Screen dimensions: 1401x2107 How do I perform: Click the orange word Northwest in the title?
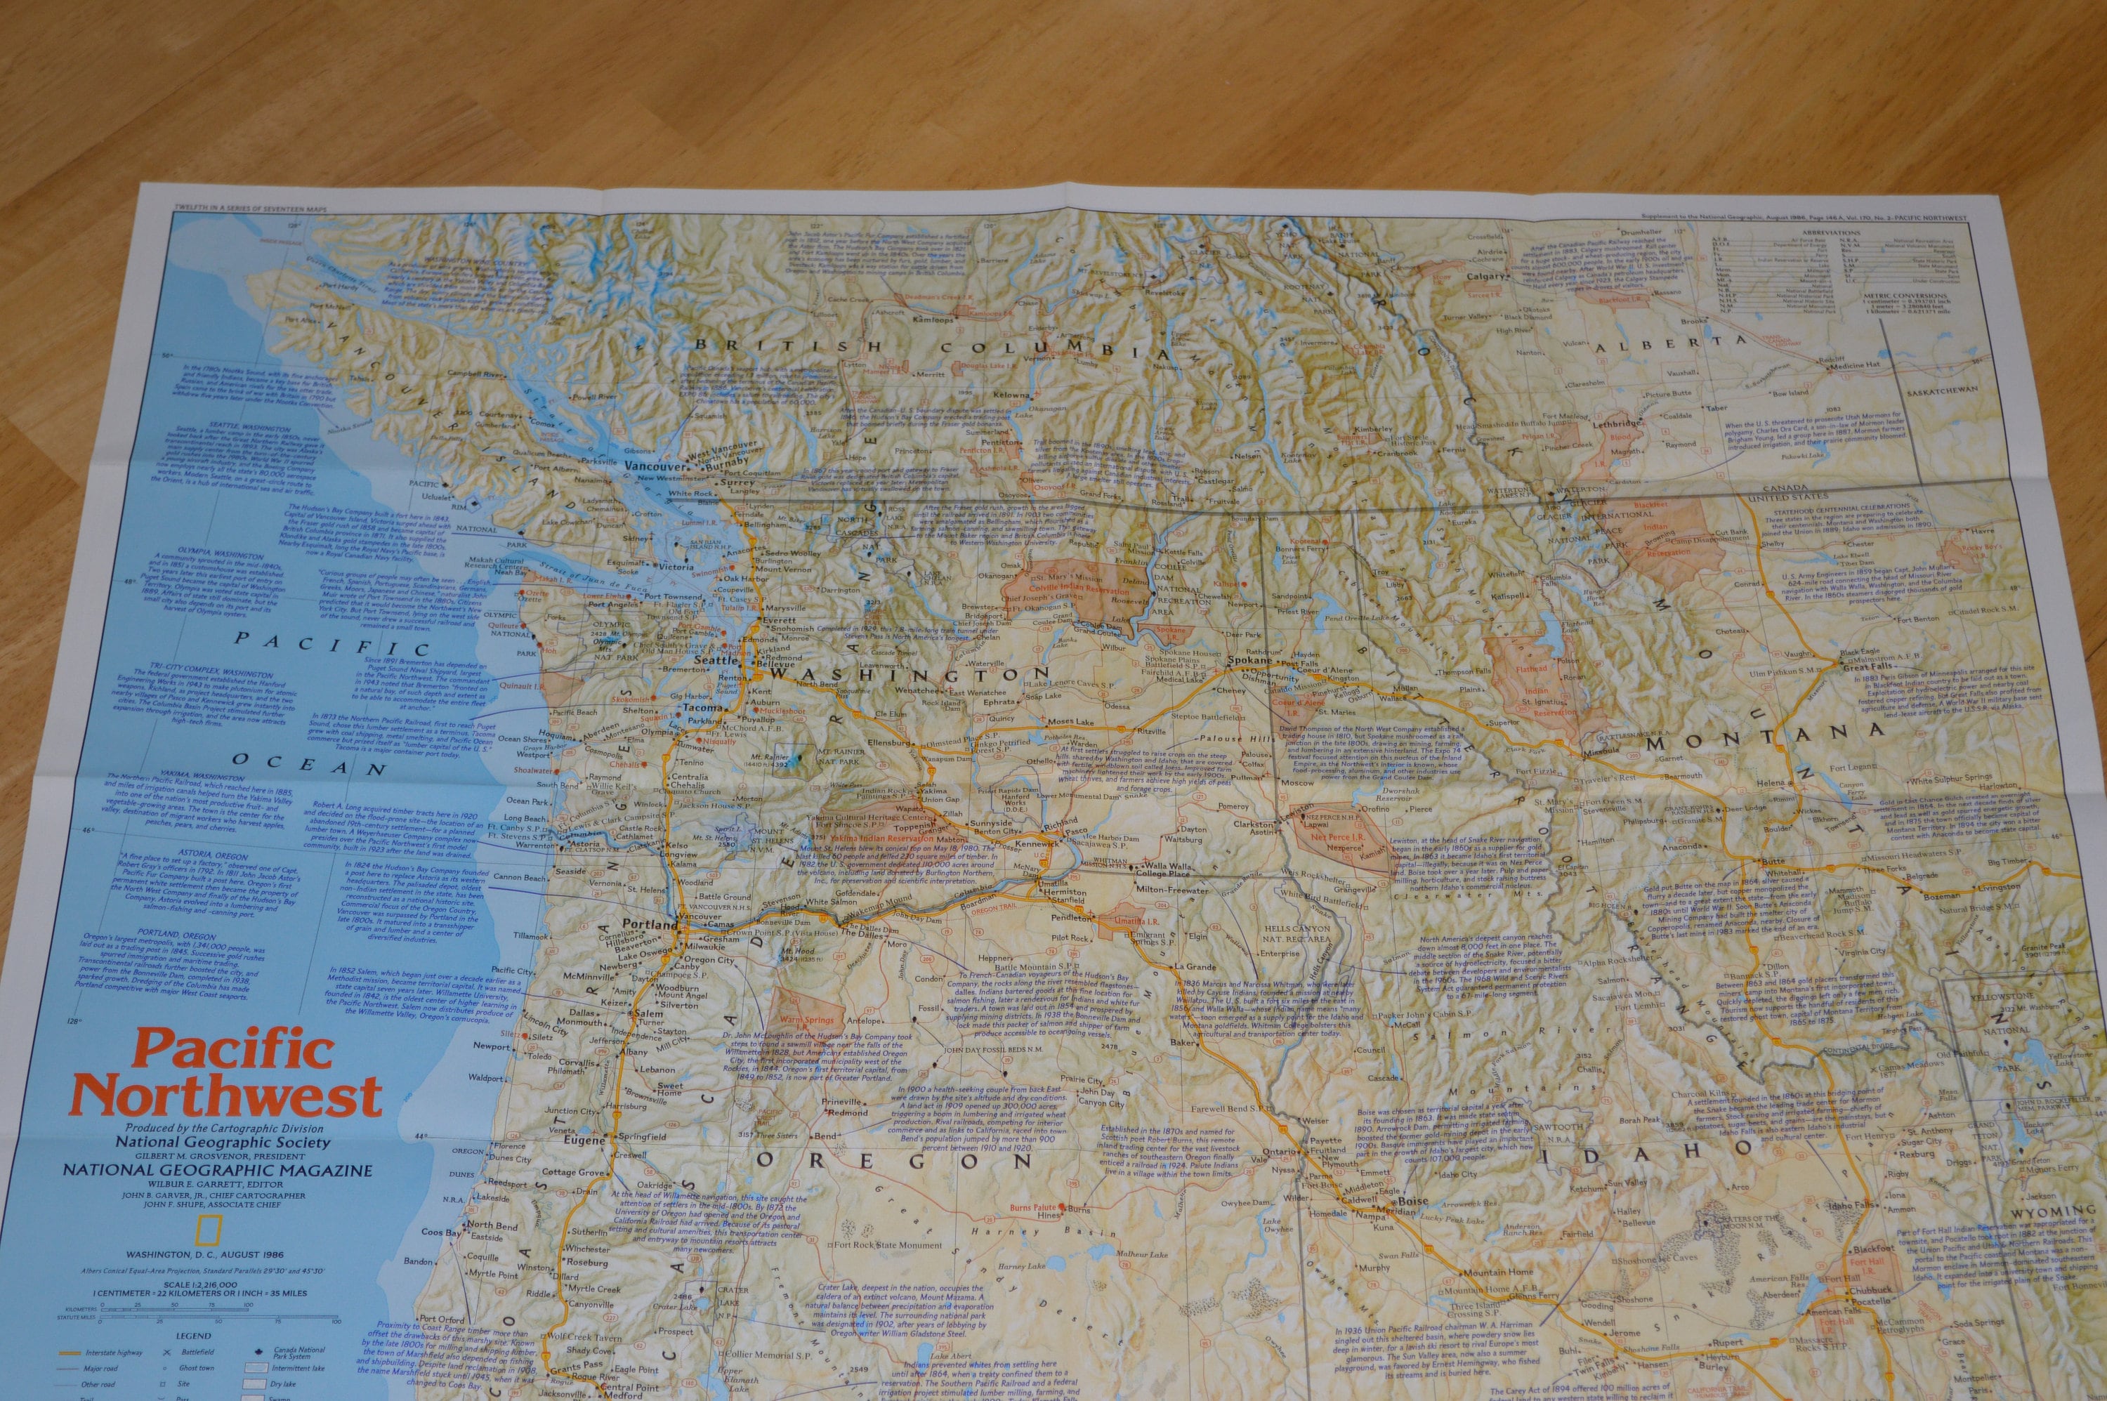click(x=228, y=1096)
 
